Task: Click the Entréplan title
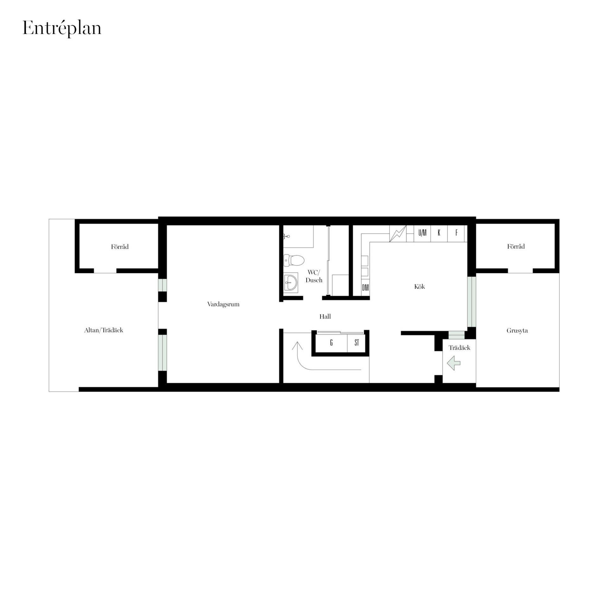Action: pos(62,28)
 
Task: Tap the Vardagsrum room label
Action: pos(223,304)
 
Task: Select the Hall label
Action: pos(325,316)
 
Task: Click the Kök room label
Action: pos(419,287)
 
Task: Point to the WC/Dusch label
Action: pos(314,276)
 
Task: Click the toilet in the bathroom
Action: pos(294,260)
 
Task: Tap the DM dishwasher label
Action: pos(365,288)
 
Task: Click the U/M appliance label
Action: pos(422,233)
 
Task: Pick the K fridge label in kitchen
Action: pos(439,233)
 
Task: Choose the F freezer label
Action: pos(456,233)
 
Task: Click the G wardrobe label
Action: pos(331,343)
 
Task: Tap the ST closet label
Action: pos(357,343)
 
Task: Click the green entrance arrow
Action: pos(453,363)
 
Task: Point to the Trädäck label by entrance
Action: pos(459,348)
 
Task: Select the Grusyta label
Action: pos(517,331)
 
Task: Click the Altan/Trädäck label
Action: pos(104,330)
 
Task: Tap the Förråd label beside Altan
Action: pos(120,247)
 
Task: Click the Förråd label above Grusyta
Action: pos(516,246)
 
